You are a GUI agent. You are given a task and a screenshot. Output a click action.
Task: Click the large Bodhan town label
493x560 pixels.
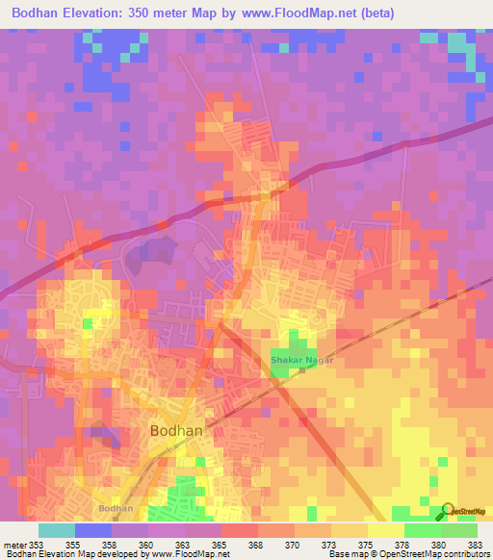(176, 431)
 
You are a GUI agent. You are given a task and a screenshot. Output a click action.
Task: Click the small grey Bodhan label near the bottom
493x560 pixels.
(116, 507)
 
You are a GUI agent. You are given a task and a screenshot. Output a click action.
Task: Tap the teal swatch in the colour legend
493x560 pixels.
(57, 529)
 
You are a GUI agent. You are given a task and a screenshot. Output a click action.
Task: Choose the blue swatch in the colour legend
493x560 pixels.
(93, 529)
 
